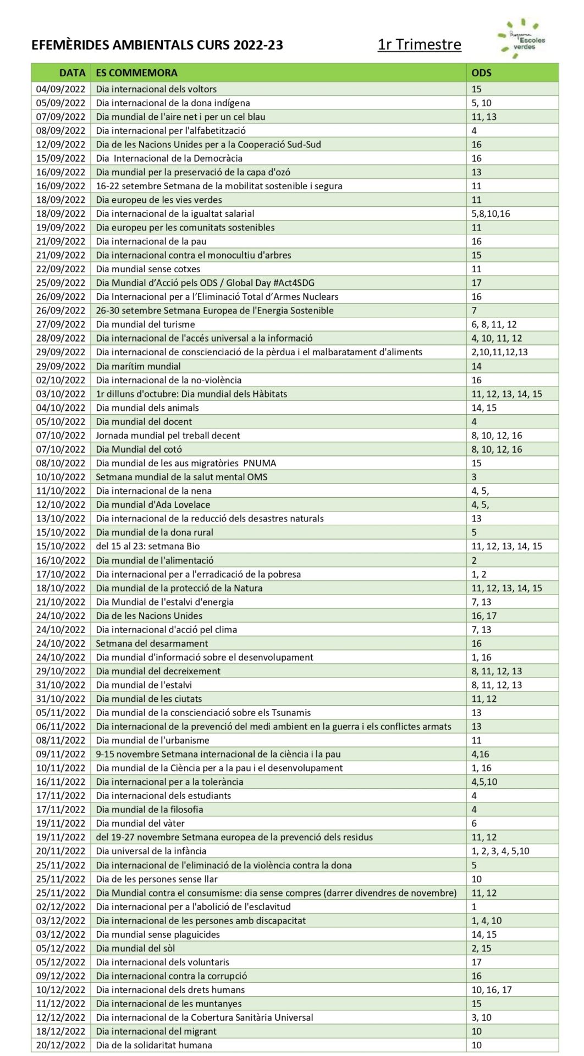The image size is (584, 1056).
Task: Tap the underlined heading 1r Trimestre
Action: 419,45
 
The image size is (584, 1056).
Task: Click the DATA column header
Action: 72,73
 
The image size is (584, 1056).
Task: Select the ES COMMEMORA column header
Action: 136,73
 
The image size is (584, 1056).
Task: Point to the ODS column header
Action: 481,73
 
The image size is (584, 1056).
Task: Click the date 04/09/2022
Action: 61,89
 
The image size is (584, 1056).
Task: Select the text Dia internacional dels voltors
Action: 156,89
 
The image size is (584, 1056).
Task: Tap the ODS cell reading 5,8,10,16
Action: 491,213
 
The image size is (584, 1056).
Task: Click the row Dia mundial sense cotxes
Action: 148,269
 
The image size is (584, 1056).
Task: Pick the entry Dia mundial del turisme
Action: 145,324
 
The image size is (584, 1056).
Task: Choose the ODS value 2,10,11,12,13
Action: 499,352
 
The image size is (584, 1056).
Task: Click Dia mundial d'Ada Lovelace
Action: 153,504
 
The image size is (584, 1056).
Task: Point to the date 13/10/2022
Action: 61,518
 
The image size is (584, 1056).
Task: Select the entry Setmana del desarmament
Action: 152,643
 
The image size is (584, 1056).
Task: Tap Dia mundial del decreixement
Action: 158,671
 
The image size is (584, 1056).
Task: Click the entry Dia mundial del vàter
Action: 140,823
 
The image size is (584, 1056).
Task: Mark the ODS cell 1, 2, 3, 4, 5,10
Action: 500,851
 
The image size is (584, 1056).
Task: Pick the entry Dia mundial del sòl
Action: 135,948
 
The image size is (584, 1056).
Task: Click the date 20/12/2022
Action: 61,1045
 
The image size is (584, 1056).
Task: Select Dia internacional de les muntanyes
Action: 169,1004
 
